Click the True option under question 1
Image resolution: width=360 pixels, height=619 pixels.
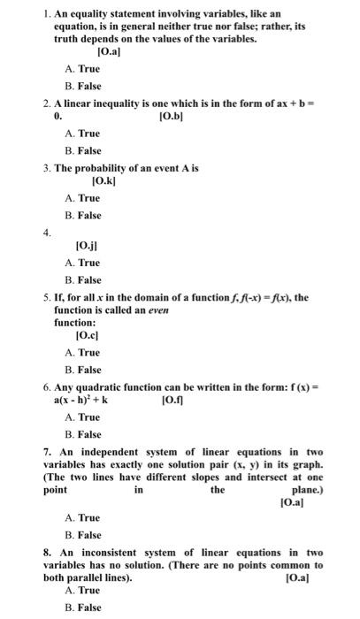82,69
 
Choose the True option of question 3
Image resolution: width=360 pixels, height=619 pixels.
82,198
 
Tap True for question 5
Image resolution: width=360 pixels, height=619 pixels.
82,352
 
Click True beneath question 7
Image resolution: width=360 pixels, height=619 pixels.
82,517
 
